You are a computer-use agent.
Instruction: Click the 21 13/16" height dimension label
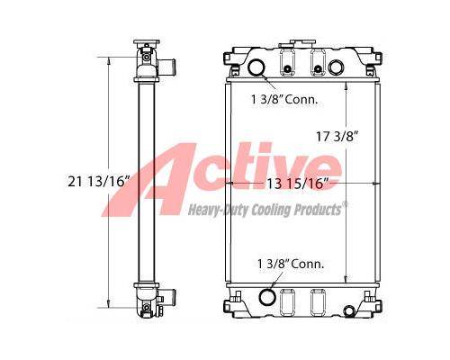point(98,181)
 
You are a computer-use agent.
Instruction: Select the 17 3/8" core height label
point(337,137)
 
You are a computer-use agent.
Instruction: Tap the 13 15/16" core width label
point(298,184)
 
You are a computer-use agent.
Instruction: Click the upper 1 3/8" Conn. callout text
point(284,100)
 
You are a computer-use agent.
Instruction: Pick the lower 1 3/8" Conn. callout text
point(291,264)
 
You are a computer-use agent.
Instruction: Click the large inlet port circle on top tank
point(256,67)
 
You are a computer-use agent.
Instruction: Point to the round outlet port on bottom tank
point(267,297)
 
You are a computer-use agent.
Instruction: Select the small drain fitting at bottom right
point(349,310)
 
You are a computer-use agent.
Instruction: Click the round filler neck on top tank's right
point(336,67)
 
